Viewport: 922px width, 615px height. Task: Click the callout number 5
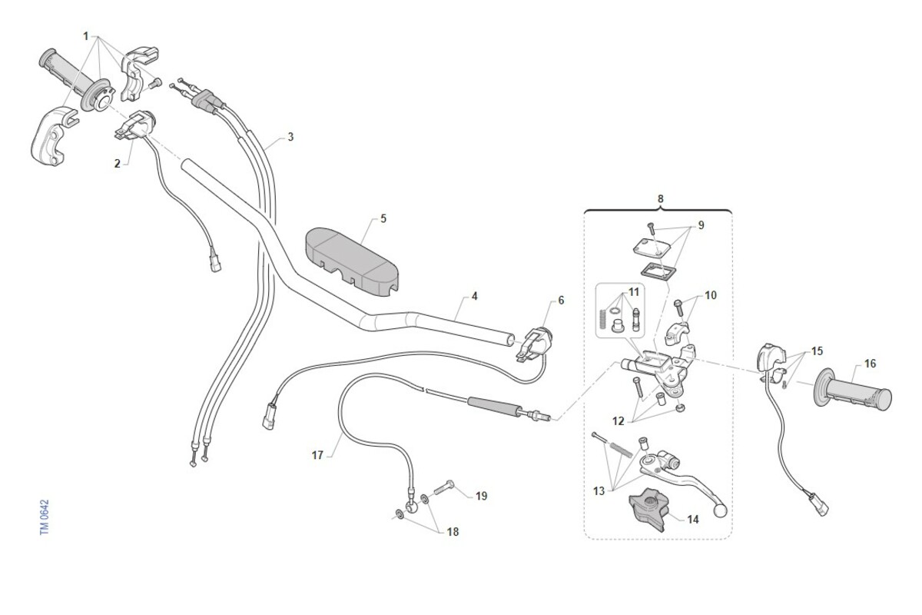[x=383, y=219]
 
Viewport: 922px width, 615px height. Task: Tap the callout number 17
[x=317, y=454]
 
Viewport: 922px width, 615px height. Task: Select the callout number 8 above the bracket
[x=661, y=198]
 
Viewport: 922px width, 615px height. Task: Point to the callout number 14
[x=693, y=520]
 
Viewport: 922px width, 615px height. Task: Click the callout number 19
[x=481, y=497]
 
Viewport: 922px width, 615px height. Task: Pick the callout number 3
[x=290, y=138]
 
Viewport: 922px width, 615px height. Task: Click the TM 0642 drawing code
[x=45, y=518]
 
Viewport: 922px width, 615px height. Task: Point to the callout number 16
[x=869, y=363]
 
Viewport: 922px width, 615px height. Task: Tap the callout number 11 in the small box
[x=633, y=292]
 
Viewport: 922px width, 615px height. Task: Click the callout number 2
[x=117, y=163]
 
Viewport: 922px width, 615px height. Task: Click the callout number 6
[x=561, y=300]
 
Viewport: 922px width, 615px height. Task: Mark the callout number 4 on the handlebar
[x=474, y=296]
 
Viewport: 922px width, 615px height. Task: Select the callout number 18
[x=453, y=532]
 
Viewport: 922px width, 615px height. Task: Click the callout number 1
[x=86, y=36]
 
